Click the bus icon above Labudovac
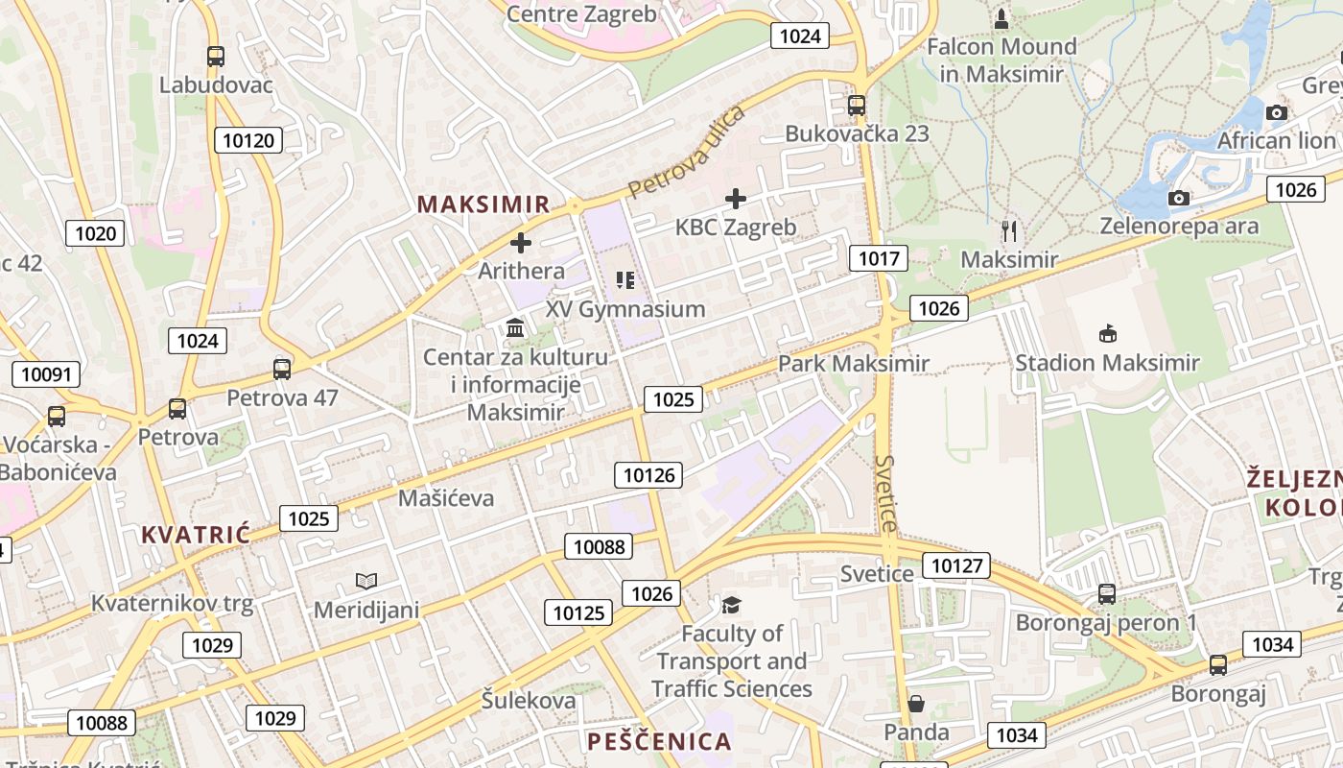[x=216, y=57]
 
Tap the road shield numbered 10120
[x=248, y=141]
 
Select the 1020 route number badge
[x=95, y=233]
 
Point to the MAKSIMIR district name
[x=483, y=204]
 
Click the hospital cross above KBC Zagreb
[x=736, y=199]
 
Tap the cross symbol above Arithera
[x=521, y=243]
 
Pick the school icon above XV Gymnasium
[x=625, y=280]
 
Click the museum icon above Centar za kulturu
[x=515, y=329]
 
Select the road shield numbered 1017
[x=878, y=257]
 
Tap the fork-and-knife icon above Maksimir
[x=1008, y=230]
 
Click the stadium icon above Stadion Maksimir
[x=1107, y=334]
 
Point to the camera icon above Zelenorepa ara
[x=1179, y=199]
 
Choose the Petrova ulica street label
[x=687, y=152]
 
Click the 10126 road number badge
[x=649, y=474]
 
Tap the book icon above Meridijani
[x=365, y=581]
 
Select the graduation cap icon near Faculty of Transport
[x=732, y=604]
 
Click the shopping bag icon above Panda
[x=916, y=704]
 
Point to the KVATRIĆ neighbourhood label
[x=196, y=535]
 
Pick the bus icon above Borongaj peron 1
[x=1106, y=594]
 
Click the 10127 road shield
[x=956, y=565]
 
